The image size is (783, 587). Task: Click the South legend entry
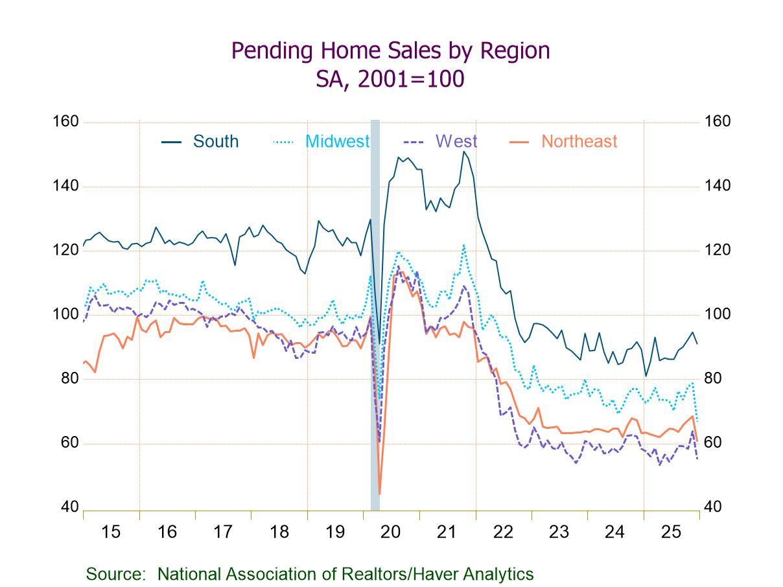click(x=215, y=141)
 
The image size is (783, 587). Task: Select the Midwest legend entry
click(x=337, y=141)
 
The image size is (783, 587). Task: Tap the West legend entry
click(x=456, y=141)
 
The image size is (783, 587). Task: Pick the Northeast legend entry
click(x=579, y=141)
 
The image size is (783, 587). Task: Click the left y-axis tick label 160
click(x=65, y=122)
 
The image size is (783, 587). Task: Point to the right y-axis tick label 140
click(x=718, y=186)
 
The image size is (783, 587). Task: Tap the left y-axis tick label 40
click(x=69, y=507)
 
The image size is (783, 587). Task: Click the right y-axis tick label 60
click(x=713, y=443)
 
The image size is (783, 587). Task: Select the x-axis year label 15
click(x=111, y=532)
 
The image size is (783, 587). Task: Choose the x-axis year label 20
click(x=391, y=532)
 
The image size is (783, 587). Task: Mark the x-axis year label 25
click(x=671, y=532)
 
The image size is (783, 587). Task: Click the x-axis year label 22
click(x=503, y=532)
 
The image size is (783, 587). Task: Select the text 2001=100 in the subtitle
click(x=412, y=79)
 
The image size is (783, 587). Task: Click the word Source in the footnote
click(x=115, y=574)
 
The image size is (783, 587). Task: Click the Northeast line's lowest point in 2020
click(x=379, y=494)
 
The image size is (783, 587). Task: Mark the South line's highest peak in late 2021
click(x=463, y=152)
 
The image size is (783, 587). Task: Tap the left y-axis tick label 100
click(x=65, y=314)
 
